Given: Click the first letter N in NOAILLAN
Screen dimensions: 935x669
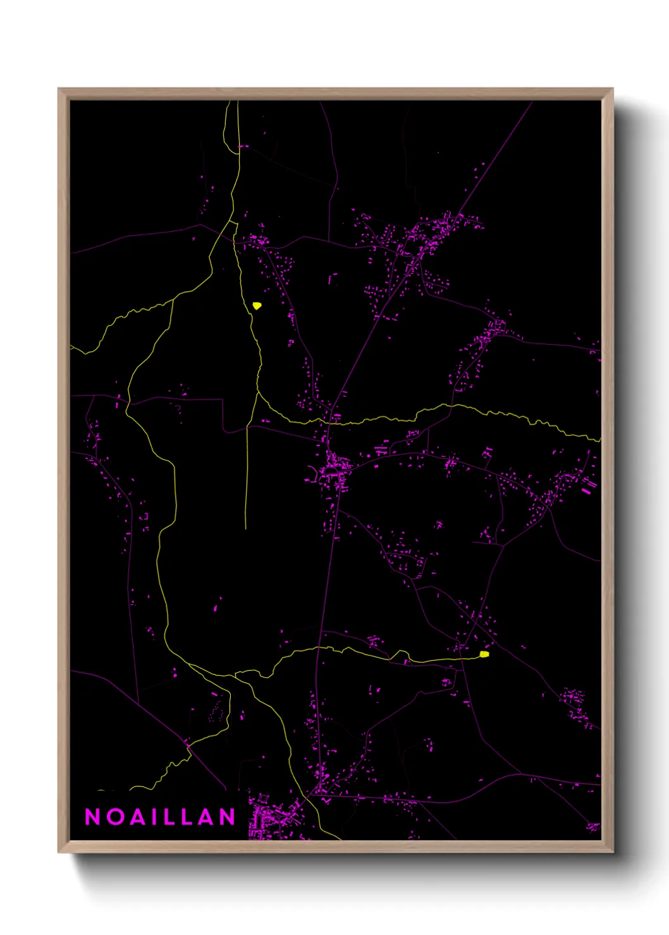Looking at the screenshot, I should point(92,817).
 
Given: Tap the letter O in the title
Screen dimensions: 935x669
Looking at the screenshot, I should point(115,817).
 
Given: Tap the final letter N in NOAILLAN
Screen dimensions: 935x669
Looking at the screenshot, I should point(228,817).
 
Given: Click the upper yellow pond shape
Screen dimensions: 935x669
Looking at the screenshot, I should point(257,306).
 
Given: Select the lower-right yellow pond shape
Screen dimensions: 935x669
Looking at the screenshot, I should point(484,654).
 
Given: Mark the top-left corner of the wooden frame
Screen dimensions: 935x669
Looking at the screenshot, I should point(59,89).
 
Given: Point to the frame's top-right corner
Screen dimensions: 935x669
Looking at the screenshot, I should point(612,89).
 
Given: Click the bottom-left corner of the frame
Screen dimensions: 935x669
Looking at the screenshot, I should point(59,851).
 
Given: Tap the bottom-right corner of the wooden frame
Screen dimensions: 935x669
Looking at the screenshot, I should point(612,851).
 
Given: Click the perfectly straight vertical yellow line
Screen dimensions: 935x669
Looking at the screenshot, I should point(246,480).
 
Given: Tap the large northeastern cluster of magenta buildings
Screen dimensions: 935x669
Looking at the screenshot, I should point(424,237).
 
